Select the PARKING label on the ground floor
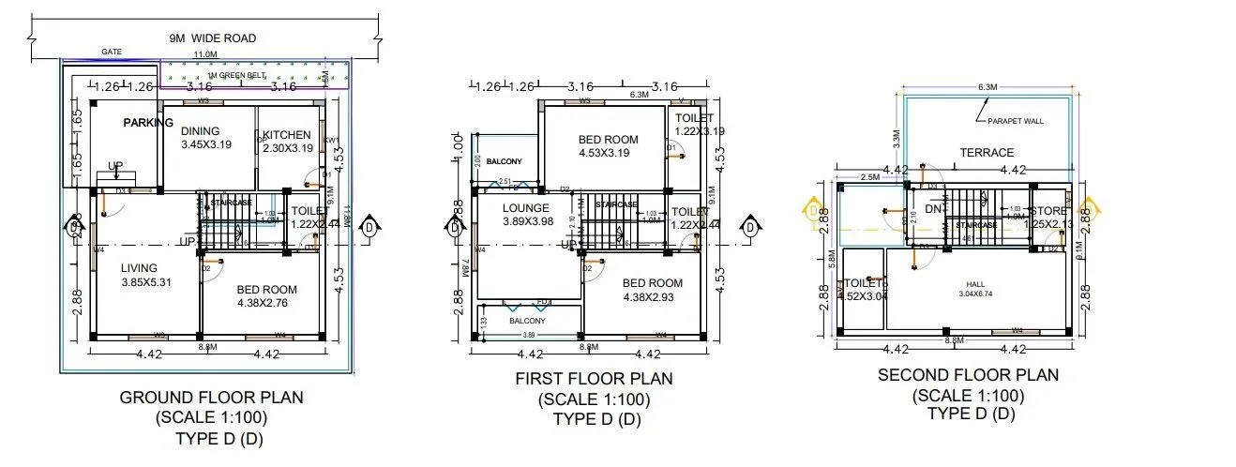[x=148, y=123]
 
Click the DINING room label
[x=200, y=131]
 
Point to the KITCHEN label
[x=286, y=135]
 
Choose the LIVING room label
[x=139, y=268]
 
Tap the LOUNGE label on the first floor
[x=525, y=208]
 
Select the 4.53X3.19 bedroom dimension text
[x=608, y=154]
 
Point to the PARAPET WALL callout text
[x=1014, y=121]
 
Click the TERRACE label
[x=986, y=152]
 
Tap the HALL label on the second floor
[x=977, y=284]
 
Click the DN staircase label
[x=932, y=208]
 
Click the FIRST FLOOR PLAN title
[x=594, y=379]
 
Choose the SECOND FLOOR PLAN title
[x=968, y=375]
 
